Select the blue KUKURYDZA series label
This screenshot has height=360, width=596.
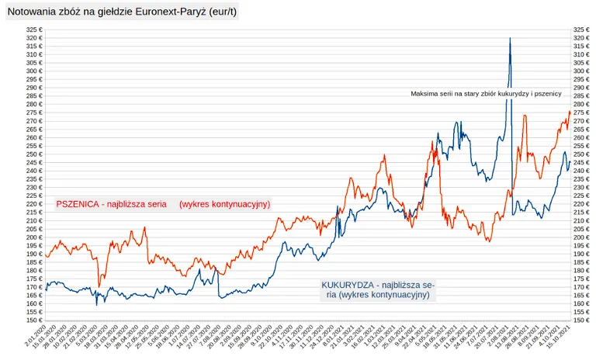pos(378,290)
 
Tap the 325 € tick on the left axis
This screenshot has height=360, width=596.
pos(34,29)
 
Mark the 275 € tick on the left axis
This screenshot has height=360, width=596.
pos(34,112)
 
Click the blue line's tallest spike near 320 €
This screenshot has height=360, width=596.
pos(510,38)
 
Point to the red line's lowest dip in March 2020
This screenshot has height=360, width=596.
pos(99,286)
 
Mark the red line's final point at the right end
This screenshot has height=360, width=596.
pos(570,112)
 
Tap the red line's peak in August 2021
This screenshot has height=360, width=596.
pos(525,116)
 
